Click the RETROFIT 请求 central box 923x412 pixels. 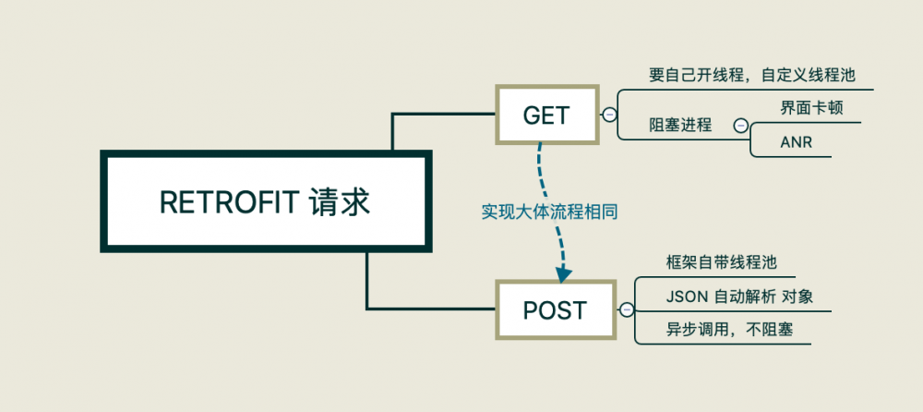point(265,202)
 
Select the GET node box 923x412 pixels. point(546,115)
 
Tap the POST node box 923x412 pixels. point(554,309)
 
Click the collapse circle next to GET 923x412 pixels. point(608,115)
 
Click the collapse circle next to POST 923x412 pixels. point(628,309)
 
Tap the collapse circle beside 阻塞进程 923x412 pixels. point(739,125)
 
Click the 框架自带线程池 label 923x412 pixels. point(721,262)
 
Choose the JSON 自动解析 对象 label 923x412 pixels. point(738,297)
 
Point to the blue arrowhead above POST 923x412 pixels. point(564,273)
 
